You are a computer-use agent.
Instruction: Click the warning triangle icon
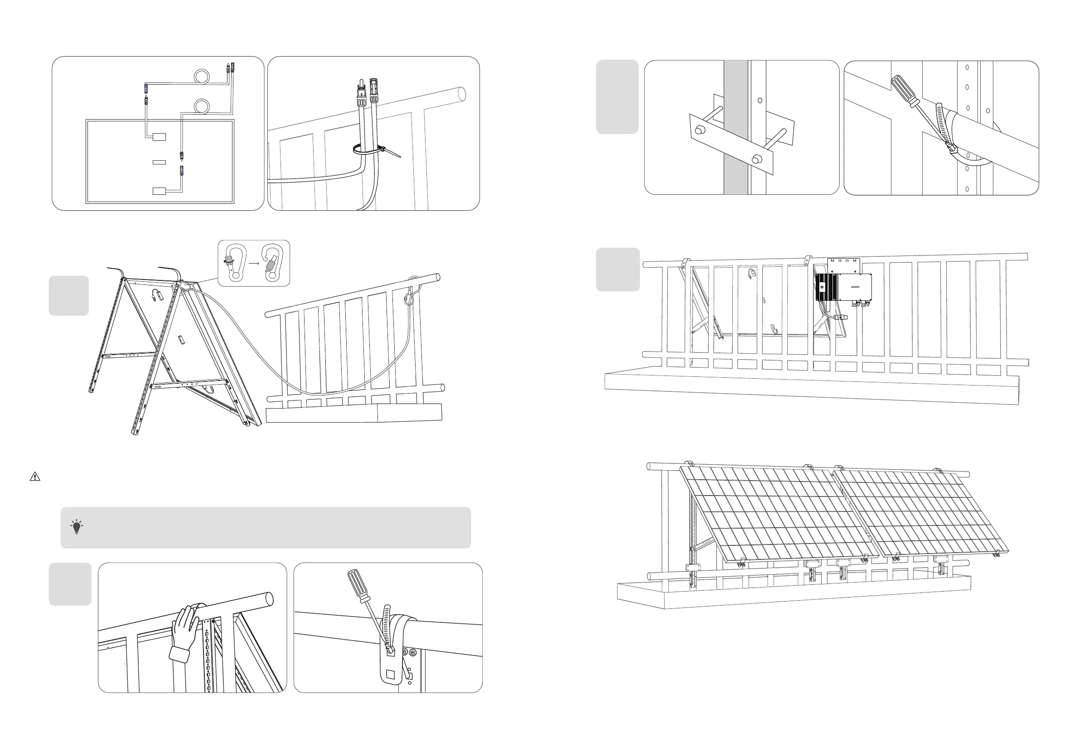(x=35, y=477)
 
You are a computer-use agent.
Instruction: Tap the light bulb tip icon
(x=77, y=527)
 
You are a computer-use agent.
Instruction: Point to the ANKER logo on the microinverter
(x=855, y=287)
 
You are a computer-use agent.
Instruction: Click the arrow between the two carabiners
(x=253, y=263)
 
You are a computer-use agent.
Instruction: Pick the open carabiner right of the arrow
(x=272, y=263)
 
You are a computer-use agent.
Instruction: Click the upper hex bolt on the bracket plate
(x=698, y=130)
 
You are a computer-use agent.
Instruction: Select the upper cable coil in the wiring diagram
(x=203, y=76)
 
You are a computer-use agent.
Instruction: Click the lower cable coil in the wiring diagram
(x=203, y=106)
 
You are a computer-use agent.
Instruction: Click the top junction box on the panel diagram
(x=159, y=137)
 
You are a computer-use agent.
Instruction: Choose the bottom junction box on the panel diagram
(x=159, y=191)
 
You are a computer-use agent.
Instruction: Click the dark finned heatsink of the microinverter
(x=826, y=287)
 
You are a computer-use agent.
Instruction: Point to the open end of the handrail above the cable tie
(x=461, y=94)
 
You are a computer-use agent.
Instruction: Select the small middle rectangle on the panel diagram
(x=159, y=162)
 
